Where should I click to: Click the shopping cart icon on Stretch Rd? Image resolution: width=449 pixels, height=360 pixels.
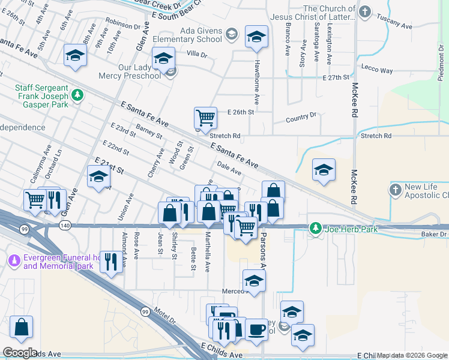[x=205, y=117]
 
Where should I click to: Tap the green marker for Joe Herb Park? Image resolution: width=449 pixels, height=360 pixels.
[x=315, y=228]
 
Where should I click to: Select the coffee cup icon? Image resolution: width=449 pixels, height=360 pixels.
[x=256, y=329]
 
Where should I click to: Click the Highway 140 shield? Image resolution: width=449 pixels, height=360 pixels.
[x=65, y=225]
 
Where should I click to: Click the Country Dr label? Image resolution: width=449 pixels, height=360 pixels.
[x=301, y=116]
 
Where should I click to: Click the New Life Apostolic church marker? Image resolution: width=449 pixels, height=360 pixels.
[x=395, y=190]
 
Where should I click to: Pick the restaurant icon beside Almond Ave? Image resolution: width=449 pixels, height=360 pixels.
[x=110, y=261]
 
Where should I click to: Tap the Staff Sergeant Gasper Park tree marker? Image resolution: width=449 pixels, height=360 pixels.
[x=77, y=95]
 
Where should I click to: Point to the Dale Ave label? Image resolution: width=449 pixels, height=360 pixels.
[x=229, y=172]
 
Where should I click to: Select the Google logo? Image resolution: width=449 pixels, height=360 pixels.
[x=20, y=353]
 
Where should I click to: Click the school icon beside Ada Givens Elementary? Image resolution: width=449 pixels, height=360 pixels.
[x=256, y=37]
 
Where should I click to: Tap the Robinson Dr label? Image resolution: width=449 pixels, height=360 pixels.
[x=122, y=23]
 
